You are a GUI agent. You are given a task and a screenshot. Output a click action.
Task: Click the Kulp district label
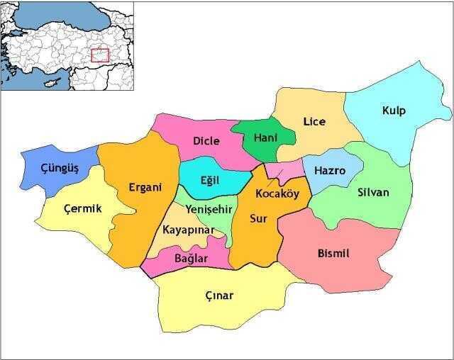coord(393,111)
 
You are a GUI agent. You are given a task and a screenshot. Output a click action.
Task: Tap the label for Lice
coord(314,122)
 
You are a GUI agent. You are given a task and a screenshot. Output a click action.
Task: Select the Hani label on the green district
coord(265,137)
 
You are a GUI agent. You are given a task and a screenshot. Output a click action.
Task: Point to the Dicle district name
coord(206,141)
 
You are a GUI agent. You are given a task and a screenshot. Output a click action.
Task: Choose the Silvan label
coord(373,193)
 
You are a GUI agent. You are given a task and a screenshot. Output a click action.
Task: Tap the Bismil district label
coord(333,254)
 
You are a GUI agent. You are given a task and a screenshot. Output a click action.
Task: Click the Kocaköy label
coord(277,194)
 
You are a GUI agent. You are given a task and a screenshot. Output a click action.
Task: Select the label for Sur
coord(258,219)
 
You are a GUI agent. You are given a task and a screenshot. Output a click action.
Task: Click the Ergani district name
coord(145,188)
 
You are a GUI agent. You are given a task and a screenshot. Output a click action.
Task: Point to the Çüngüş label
coord(60,169)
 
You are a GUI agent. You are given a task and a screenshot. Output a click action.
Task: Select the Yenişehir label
coord(209,210)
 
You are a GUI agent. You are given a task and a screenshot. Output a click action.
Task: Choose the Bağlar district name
coord(191,259)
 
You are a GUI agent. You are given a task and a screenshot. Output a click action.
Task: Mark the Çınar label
coord(218,296)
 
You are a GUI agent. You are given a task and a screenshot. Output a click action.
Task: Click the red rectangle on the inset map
coord(100,55)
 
